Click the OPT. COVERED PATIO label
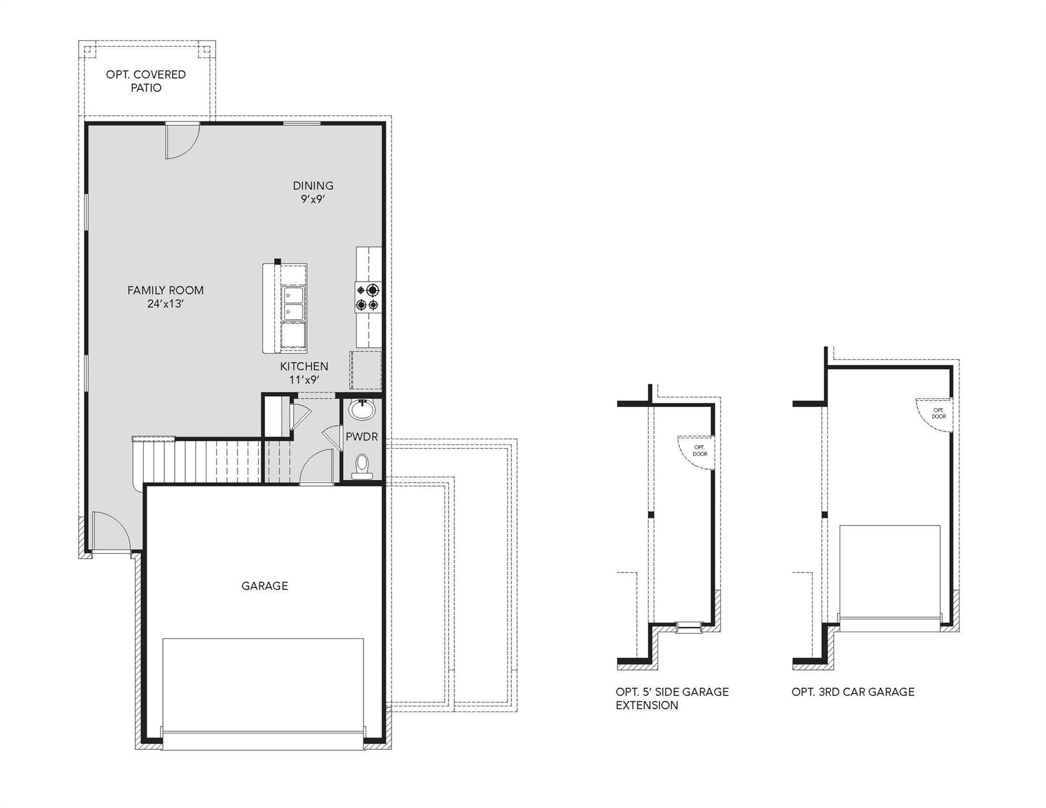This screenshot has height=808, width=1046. point(146,81)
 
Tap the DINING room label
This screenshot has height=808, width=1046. point(313,185)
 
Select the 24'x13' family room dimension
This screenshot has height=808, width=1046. point(165,304)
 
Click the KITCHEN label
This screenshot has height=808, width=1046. point(304,366)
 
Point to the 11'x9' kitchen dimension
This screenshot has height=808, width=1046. point(304,380)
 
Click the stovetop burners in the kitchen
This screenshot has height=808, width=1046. point(367,297)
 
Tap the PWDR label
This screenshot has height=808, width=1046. point(361,437)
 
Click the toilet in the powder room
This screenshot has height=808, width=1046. point(362,466)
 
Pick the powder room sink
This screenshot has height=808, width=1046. point(362,409)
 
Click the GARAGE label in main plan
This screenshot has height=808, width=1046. point(265,585)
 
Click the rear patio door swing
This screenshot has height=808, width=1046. point(182,140)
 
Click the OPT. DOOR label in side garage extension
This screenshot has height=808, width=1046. point(700,451)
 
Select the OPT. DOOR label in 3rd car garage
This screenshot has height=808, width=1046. point(939,413)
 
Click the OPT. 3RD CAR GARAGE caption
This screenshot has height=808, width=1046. point(853,692)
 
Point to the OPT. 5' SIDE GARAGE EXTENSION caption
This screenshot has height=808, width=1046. point(672,699)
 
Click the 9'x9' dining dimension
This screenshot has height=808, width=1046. point(313,199)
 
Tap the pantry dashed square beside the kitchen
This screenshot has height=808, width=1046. point(366,370)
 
